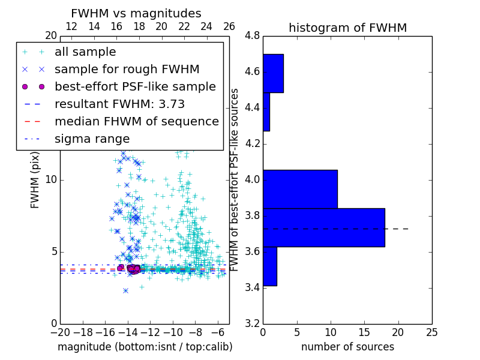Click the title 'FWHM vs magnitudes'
(136, 13)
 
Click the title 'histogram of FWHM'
(347, 28)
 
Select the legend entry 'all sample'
(85, 52)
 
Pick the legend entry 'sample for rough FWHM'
(127, 70)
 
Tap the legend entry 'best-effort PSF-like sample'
(135, 87)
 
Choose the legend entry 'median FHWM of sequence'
(136, 122)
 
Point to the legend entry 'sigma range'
(92, 139)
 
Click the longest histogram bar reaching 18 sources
(323, 227)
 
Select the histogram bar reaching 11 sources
(300, 189)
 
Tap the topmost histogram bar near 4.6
(273, 73)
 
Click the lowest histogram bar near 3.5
(269, 266)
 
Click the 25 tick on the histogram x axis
(431, 331)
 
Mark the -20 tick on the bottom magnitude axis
(60, 331)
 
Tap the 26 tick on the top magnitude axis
(229, 27)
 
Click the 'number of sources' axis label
(347, 347)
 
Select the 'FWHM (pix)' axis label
(35, 180)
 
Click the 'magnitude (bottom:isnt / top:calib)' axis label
(145, 347)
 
